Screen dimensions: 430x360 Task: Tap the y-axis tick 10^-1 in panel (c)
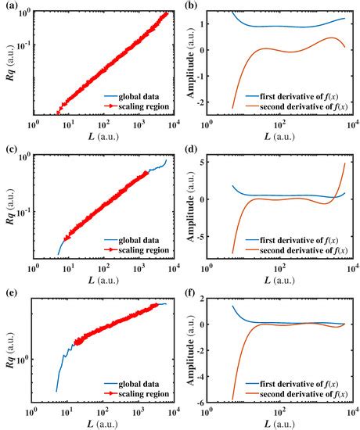point(21,212)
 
